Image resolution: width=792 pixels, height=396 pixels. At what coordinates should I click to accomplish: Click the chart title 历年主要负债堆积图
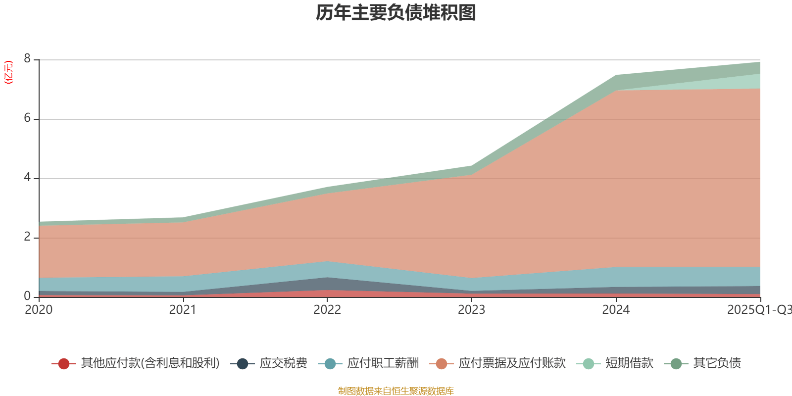[396, 13]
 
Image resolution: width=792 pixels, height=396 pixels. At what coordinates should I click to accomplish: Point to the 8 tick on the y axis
[27, 59]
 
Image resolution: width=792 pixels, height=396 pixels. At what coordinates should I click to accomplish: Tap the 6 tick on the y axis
[27, 118]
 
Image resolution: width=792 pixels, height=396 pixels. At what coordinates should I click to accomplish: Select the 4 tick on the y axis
[27, 178]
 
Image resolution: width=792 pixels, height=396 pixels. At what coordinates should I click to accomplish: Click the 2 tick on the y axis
[27, 237]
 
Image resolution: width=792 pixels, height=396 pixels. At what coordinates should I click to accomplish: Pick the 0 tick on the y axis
[27, 296]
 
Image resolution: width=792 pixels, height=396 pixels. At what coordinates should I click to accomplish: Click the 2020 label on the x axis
[39, 310]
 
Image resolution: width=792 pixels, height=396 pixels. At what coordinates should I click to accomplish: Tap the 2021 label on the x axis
[183, 310]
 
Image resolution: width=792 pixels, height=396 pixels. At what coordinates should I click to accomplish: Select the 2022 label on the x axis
[327, 310]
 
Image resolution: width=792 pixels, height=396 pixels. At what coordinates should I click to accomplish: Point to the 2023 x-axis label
[471, 310]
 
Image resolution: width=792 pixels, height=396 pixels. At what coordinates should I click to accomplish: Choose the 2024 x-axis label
[616, 310]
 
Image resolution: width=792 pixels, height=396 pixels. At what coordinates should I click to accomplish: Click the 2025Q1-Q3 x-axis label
[758, 310]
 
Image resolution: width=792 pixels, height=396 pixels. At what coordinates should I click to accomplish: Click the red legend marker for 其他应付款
[63, 364]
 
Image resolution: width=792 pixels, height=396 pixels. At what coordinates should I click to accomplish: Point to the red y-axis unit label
[8, 72]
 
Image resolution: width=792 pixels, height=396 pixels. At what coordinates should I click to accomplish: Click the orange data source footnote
[396, 391]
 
